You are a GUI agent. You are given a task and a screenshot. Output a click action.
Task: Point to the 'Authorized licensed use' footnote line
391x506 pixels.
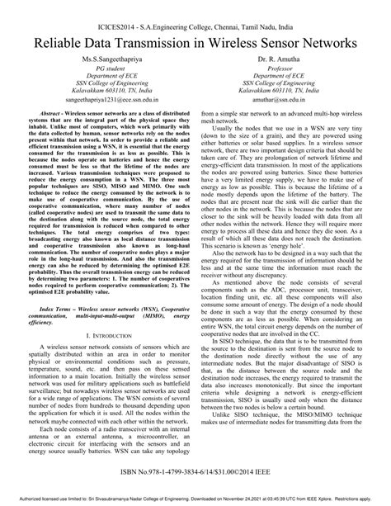tap(195, 499)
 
